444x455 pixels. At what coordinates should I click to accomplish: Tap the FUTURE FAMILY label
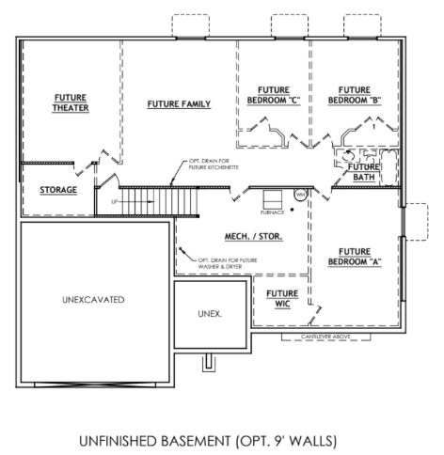coord(179,103)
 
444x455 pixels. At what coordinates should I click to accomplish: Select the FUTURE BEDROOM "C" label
coord(273,95)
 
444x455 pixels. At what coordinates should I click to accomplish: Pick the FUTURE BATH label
coord(363,172)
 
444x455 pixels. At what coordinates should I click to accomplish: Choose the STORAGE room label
coord(59,190)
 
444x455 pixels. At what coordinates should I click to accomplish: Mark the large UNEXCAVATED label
coord(94,299)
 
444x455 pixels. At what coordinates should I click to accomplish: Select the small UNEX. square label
coord(209,313)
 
